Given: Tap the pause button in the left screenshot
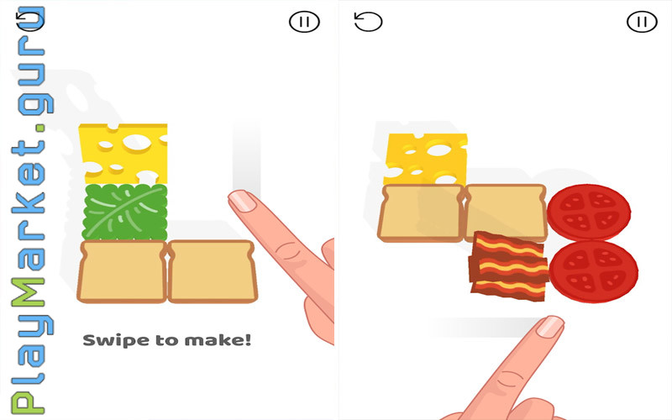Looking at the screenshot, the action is tap(304, 22).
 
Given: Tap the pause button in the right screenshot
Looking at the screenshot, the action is tap(642, 22).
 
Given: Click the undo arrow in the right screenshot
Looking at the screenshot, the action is tap(368, 22).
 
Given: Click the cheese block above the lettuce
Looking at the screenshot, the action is tap(123, 154).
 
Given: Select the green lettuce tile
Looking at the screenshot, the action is tap(124, 213).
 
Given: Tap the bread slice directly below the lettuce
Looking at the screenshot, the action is tap(122, 271).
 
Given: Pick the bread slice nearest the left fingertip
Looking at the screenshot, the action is tap(213, 271).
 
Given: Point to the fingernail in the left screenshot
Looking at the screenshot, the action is tap(243, 200).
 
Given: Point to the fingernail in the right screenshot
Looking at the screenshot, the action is tap(550, 327).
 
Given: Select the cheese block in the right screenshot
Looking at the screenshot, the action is tap(426, 159).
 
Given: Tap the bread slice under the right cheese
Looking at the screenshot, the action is tap(421, 213).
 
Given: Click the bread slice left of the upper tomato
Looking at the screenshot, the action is tap(506, 212).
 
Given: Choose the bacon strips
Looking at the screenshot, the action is tap(509, 266).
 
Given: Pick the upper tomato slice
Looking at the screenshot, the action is tap(589, 213).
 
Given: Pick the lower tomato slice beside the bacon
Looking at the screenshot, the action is tap(594, 271).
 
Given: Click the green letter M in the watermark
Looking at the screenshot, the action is tap(29, 291).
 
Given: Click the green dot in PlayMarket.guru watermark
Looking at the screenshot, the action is tap(39, 129).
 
